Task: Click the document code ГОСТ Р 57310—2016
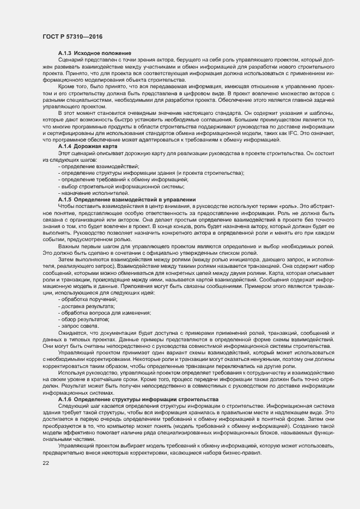[x=72, y=36]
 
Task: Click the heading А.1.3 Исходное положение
[x=88, y=52]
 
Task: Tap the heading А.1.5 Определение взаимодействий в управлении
[x=126, y=200]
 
